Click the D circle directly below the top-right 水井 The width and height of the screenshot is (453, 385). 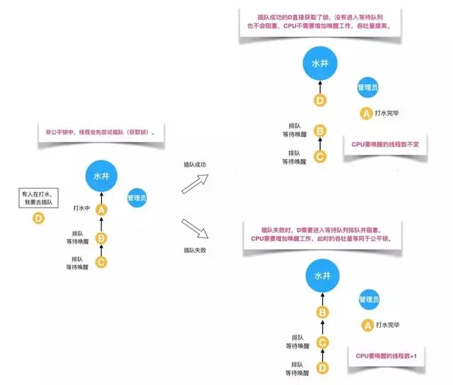tap(320, 100)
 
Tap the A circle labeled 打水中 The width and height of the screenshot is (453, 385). tap(101, 209)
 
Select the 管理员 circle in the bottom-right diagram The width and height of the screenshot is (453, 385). tap(368, 299)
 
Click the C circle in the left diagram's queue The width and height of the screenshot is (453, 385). tap(101, 262)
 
